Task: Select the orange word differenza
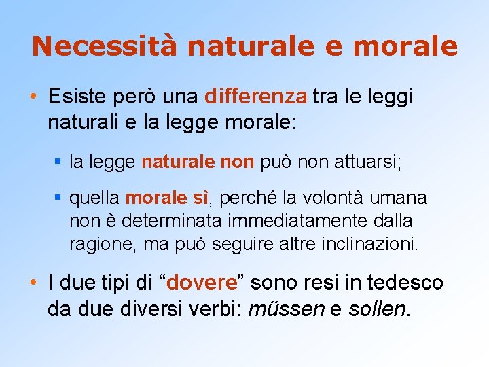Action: click(x=255, y=96)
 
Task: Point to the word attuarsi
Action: click(x=369, y=162)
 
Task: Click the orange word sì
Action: click(x=202, y=198)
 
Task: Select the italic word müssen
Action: click(x=287, y=309)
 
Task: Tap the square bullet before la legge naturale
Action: click(x=59, y=162)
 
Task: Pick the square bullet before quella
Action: click(x=59, y=198)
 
